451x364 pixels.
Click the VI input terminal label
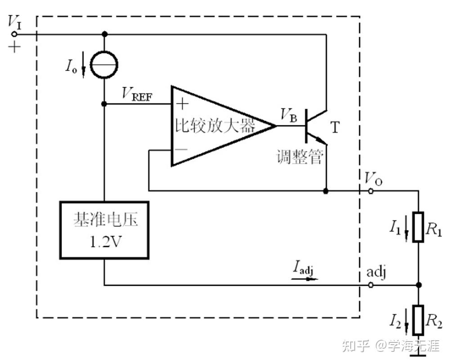15,22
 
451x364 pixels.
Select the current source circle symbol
104,65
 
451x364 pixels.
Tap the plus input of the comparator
182,104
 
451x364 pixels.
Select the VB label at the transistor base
289,115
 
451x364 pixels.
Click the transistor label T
335,128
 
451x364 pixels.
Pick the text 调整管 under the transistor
299,157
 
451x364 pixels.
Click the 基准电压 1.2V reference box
104,230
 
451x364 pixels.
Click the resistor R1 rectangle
419,227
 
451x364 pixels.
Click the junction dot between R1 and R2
419,285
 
